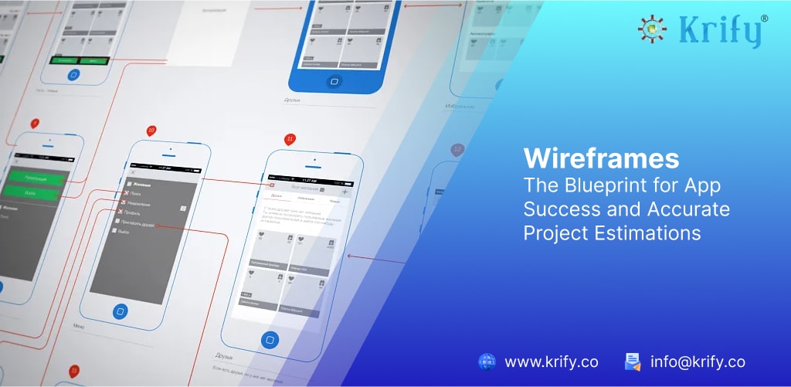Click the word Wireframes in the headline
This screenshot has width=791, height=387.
(601, 158)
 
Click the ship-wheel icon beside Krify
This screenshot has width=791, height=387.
(653, 29)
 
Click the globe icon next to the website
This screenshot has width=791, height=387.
(487, 362)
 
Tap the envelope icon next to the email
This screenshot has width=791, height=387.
(633, 362)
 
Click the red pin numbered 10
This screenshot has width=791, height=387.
(151, 130)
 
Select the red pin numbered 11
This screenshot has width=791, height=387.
(290, 140)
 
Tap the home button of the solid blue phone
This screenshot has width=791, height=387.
(334, 80)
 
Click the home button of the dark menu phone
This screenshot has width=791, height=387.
(120, 311)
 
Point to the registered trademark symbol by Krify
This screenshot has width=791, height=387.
(764, 18)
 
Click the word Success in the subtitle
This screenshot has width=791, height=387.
(558, 209)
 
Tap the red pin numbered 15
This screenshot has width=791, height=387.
(74, 371)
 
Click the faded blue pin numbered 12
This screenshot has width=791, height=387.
(457, 149)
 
